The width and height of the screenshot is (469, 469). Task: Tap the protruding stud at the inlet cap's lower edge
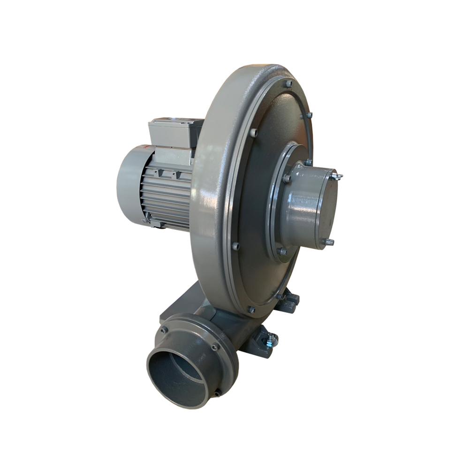click(330, 242)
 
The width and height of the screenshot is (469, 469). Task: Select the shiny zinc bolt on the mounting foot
click(271, 338)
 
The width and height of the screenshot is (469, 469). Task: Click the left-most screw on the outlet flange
click(164, 330)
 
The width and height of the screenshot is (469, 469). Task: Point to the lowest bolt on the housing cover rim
click(251, 310)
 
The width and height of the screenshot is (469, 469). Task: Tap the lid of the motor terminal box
click(171, 123)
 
